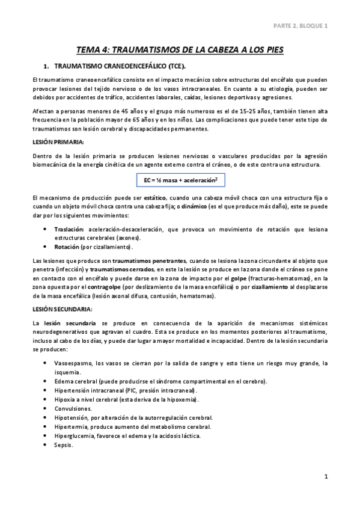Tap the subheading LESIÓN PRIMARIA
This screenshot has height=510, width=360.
(58, 141)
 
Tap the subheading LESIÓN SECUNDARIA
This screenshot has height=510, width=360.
(62, 309)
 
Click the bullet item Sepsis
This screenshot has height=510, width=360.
(63, 444)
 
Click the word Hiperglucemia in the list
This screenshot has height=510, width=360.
(75, 435)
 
